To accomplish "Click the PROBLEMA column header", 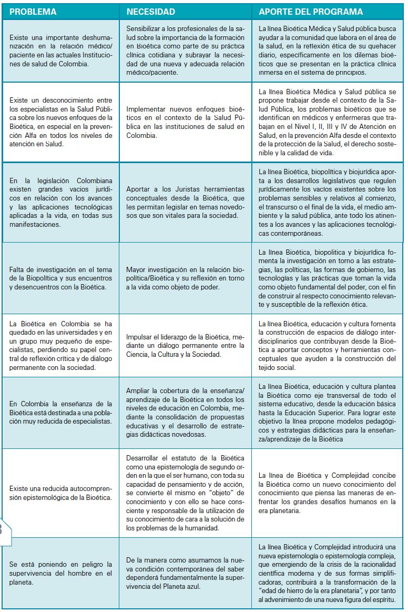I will coord(33,11).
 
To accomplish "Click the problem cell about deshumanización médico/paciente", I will coord(60,51).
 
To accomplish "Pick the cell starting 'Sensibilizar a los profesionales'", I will coord(186,51).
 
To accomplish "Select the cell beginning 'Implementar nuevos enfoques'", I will coord(186,122).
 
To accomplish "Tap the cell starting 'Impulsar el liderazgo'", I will coord(186,345).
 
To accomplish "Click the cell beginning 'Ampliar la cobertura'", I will coord(186,413).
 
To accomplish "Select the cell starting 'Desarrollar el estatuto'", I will coord(186,493).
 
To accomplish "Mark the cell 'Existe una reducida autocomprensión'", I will coord(60,493).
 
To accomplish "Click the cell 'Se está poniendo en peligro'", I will coord(60,573).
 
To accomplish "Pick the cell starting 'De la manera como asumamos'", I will coord(186,573).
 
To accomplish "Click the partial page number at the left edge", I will coord(2,528).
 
